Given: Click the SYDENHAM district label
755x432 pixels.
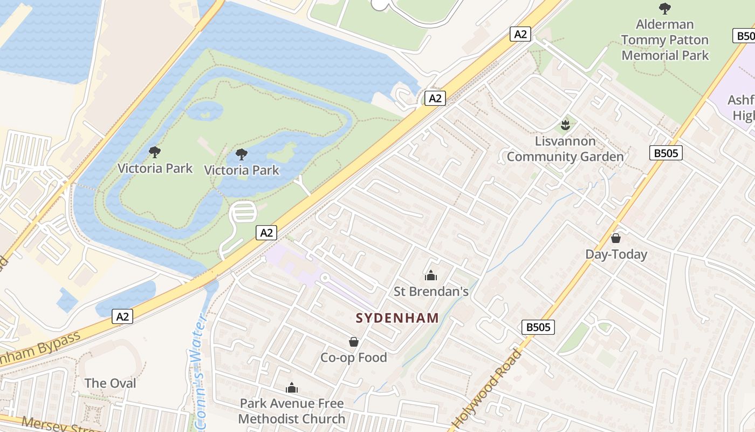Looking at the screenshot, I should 397,318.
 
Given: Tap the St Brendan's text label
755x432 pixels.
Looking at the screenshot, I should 431,292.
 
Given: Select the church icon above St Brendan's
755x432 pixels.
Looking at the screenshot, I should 431,276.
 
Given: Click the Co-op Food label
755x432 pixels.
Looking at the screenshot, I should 354,357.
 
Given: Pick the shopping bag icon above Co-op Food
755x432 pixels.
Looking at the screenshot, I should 354,342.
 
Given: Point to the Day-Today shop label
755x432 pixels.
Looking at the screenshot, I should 616,254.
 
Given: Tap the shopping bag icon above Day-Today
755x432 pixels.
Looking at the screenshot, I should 616,238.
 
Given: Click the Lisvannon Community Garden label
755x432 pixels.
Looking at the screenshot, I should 565,149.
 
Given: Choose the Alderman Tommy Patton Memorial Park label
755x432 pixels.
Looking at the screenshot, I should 665,40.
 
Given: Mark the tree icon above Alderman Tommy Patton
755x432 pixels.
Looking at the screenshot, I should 665,9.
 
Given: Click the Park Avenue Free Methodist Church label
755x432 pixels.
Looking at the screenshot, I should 292,411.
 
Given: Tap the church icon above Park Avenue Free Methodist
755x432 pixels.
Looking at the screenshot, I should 292,388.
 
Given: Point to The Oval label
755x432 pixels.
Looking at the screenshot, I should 110,383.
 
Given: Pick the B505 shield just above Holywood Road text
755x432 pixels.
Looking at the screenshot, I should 538,327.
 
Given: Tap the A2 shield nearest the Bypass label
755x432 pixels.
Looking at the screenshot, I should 122,316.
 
